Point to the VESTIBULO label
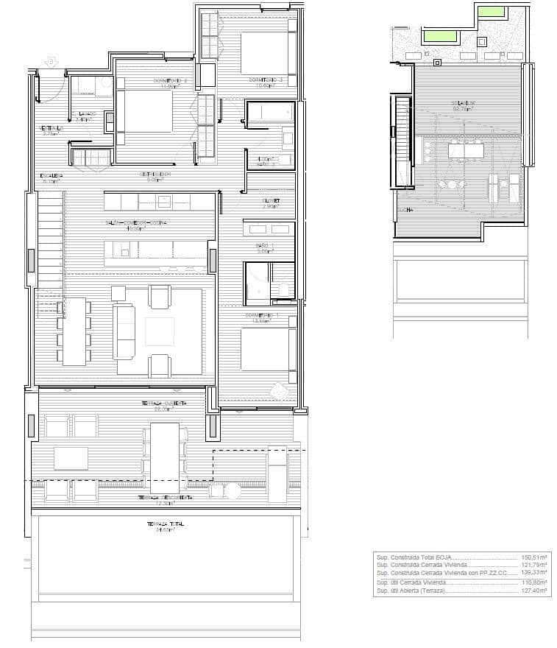(x=52, y=129)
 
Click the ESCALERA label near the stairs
(x=51, y=175)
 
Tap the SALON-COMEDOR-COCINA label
(x=136, y=223)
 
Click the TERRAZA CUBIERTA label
(x=164, y=404)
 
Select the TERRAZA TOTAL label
(x=164, y=524)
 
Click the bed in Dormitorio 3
(x=268, y=53)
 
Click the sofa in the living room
(x=125, y=331)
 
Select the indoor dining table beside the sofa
(x=74, y=331)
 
